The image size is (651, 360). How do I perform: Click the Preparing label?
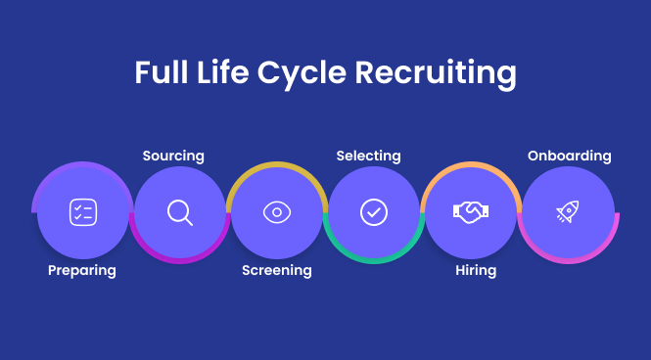point(82,270)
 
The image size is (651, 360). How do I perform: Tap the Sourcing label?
point(173,156)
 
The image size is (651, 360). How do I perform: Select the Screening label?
point(277,270)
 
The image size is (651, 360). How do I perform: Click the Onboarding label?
point(569,156)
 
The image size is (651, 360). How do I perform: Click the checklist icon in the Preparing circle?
point(82,212)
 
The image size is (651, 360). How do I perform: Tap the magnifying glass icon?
point(179,212)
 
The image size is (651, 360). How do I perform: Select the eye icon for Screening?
point(277,212)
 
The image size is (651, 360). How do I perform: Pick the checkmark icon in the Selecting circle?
point(374,212)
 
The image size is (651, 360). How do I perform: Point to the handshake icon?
point(471,212)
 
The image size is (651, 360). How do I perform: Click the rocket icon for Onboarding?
point(568,212)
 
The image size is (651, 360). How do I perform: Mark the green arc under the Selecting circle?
point(374,260)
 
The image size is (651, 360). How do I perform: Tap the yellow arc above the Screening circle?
point(277,163)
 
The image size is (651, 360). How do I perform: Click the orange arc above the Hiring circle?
point(471,163)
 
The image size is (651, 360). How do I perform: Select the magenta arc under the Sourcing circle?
point(179,260)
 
